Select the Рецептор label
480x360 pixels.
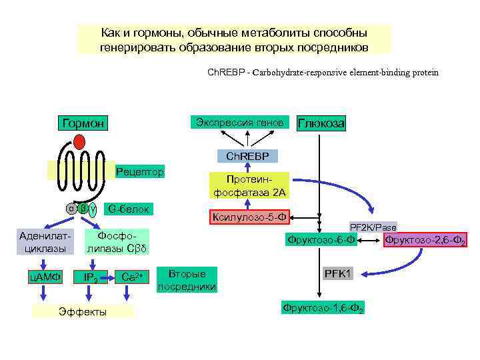click(x=139, y=172)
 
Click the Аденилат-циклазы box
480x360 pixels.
click(x=44, y=242)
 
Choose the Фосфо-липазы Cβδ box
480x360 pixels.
click(x=116, y=242)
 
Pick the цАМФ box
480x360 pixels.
click(x=47, y=275)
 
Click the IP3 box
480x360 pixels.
click(x=91, y=277)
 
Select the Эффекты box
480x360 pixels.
click(x=83, y=311)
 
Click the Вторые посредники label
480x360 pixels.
click(x=187, y=280)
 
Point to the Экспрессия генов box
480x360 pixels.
click(x=240, y=122)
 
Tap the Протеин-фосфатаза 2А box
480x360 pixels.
click(x=249, y=186)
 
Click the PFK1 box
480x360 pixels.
click(x=338, y=274)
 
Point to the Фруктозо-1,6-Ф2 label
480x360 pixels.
click(x=323, y=309)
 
